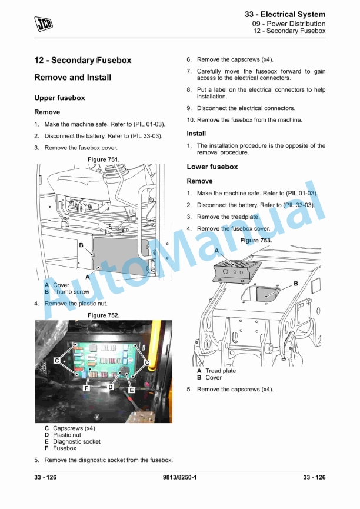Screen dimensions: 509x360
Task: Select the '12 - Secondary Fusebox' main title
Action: pos(83,60)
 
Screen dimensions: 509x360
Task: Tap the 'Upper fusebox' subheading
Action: pos(59,98)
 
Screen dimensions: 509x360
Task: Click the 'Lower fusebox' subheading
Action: pos(212,167)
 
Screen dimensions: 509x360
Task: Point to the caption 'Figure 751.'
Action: pos(104,159)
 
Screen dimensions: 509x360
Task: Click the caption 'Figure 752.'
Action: pos(104,315)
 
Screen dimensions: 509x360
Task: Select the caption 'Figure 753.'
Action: pos(256,241)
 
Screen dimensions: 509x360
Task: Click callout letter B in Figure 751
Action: pos(81,245)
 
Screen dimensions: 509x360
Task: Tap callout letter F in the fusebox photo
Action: pos(86,388)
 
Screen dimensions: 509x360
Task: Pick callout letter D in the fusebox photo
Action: pos(111,387)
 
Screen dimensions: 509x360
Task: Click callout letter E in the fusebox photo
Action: pos(131,390)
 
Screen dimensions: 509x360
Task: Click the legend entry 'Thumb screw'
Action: pos(71,291)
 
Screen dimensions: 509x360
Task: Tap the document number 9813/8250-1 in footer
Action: pos(179,477)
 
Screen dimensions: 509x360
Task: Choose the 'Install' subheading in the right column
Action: pos(196,134)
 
